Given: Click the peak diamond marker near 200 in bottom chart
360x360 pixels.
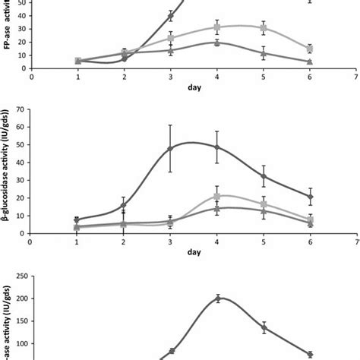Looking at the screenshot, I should pyautogui.click(x=218, y=298).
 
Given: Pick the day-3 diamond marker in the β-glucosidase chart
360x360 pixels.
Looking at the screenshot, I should pyautogui.click(x=171, y=148).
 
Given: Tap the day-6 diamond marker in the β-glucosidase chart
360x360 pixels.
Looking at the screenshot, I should pyautogui.click(x=311, y=197).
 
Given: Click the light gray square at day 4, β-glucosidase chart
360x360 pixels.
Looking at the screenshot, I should pyautogui.click(x=218, y=196).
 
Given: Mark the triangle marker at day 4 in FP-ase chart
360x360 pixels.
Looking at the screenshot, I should pyautogui.click(x=218, y=43).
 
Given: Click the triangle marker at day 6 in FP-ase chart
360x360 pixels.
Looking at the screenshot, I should pyautogui.click(x=311, y=62).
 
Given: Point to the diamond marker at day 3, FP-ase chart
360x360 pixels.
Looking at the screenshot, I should pyautogui.click(x=171, y=15).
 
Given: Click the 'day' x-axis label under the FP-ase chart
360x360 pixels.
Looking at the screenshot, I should pyautogui.click(x=194, y=87).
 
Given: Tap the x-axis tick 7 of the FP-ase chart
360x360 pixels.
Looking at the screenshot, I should pyautogui.click(x=357, y=76).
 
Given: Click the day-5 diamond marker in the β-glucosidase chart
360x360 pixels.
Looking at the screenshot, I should pyautogui.click(x=264, y=176).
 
